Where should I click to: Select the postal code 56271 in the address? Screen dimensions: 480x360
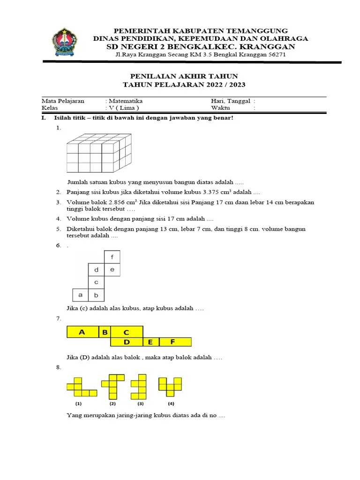[277, 55]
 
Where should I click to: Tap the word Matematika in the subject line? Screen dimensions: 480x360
[126, 101]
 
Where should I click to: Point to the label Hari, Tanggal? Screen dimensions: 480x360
[230, 101]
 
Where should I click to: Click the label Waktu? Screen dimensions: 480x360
[221, 107]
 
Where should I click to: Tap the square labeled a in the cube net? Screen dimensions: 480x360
[81, 295]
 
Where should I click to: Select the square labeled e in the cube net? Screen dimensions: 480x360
[112, 270]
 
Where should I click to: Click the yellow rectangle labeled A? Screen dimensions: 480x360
[82, 332]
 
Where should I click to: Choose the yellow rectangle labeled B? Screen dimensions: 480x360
[105, 332]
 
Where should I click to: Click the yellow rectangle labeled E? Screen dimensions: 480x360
[151, 342]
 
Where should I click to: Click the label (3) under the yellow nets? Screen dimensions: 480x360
[140, 404]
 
